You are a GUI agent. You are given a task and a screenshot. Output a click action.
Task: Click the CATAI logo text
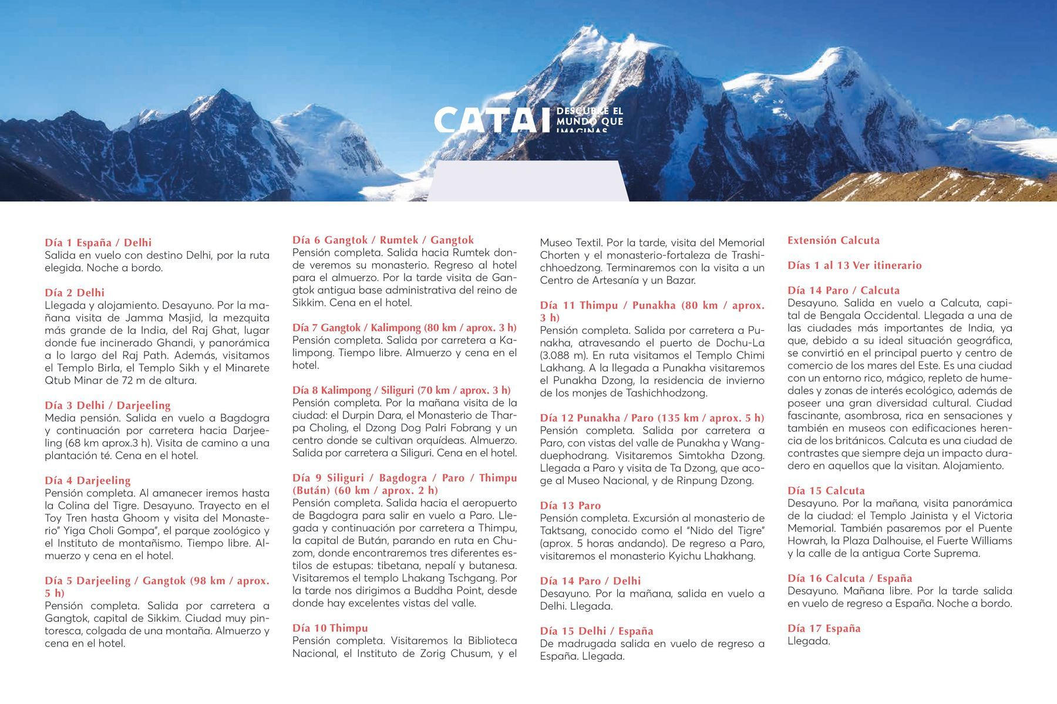[487, 120]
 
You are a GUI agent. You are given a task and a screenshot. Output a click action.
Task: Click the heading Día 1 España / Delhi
[98, 242]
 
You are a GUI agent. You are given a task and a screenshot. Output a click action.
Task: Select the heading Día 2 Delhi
[75, 292]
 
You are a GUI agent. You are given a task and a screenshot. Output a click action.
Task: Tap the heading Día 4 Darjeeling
[87, 480]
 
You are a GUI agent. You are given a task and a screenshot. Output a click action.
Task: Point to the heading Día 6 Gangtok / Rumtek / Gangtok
[383, 239]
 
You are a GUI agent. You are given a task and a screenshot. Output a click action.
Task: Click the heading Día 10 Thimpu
[330, 628]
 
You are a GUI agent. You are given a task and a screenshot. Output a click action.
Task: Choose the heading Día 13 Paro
[570, 505]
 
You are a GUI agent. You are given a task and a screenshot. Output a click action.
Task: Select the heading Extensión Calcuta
[833, 240]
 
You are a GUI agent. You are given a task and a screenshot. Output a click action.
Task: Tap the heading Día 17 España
[824, 628]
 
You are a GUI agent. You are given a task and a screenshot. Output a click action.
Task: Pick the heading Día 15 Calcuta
[826, 490]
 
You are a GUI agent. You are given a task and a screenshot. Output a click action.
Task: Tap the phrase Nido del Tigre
[729, 531]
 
